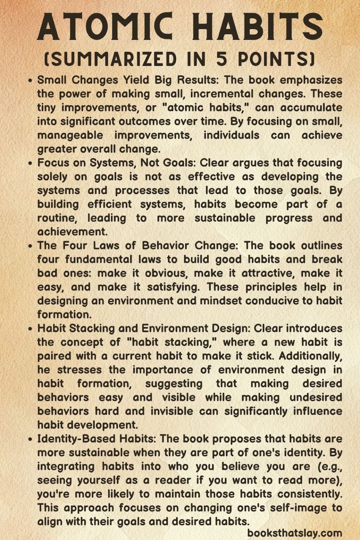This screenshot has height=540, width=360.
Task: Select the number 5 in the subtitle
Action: tap(224, 59)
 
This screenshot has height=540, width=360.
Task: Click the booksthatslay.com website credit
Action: tap(295, 533)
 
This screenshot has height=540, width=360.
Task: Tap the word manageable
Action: tap(70, 135)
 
